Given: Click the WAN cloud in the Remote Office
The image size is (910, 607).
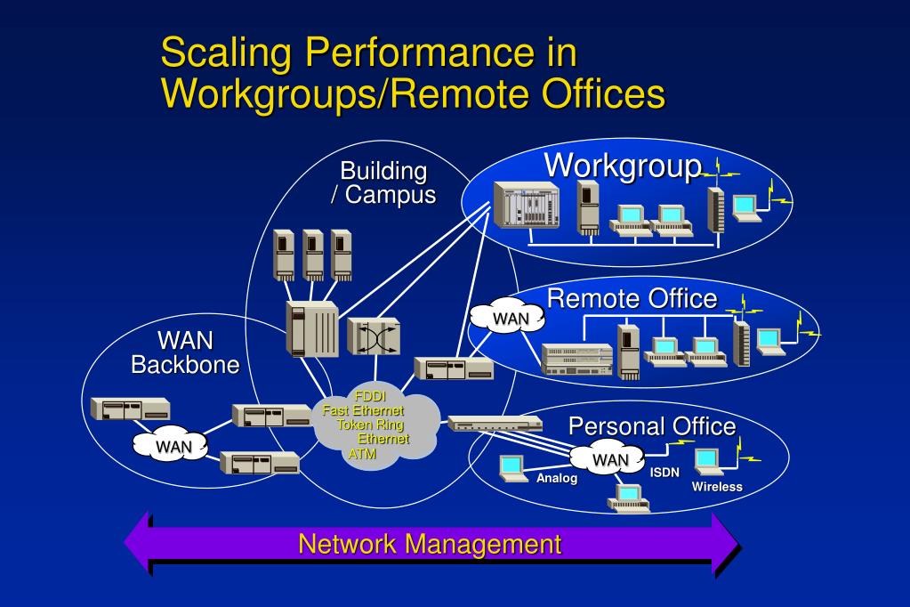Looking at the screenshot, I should [x=504, y=319].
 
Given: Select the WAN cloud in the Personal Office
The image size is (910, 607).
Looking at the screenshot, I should [x=610, y=459].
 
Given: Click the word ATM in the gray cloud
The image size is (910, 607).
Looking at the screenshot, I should [x=363, y=453].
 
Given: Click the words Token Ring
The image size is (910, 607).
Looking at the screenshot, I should [x=369, y=425].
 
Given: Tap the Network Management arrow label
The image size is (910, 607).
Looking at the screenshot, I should [x=430, y=544].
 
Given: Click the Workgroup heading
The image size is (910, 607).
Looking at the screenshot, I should [x=622, y=166].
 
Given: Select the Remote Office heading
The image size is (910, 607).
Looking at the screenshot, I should [x=632, y=299].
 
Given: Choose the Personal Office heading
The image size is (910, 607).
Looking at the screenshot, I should [x=652, y=425].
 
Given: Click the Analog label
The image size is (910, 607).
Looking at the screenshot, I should [x=557, y=479].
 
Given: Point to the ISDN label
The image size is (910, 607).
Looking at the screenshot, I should [x=664, y=472].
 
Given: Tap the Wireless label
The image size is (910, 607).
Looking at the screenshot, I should [x=717, y=487].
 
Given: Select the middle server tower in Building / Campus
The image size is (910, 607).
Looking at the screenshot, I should [x=312, y=255].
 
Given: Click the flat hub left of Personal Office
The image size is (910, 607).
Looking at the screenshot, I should [x=483, y=424].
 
